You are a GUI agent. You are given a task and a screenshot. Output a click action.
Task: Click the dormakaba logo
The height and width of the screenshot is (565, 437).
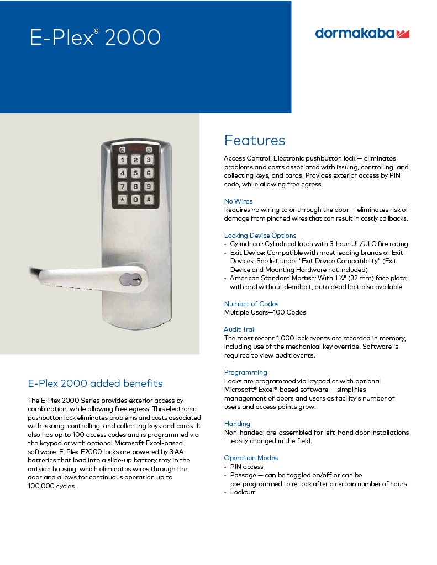click(362, 33)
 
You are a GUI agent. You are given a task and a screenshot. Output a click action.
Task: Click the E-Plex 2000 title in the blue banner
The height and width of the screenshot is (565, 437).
click(94, 37)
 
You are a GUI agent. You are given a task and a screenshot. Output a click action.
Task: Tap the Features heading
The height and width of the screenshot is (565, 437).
click(255, 140)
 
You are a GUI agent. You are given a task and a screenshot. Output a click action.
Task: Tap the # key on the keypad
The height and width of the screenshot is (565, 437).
click(148, 200)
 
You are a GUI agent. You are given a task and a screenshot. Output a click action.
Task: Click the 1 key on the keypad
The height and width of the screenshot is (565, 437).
click(122, 161)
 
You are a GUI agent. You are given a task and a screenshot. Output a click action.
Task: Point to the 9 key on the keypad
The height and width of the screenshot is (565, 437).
click(148, 186)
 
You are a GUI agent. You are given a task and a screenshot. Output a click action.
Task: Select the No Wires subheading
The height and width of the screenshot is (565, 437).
click(238, 201)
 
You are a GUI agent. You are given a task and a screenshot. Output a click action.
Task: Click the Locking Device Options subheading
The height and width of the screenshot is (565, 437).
click(260, 236)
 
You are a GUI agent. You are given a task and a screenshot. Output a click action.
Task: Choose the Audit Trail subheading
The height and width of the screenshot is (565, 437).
click(240, 329)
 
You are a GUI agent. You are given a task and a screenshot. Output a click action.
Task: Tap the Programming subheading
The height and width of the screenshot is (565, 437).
click(245, 372)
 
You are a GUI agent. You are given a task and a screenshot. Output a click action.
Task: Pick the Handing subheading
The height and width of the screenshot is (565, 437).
click(237, 424)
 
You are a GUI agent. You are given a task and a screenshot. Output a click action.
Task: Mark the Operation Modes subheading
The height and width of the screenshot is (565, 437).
click(251, 458)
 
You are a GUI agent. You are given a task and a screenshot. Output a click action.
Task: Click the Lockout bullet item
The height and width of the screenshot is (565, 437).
click(243, 492)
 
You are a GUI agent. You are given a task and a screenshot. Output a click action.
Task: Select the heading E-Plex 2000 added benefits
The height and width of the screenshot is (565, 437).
click(95, 383)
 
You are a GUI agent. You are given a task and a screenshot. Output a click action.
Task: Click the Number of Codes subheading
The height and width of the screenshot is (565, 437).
click(251, 304)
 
